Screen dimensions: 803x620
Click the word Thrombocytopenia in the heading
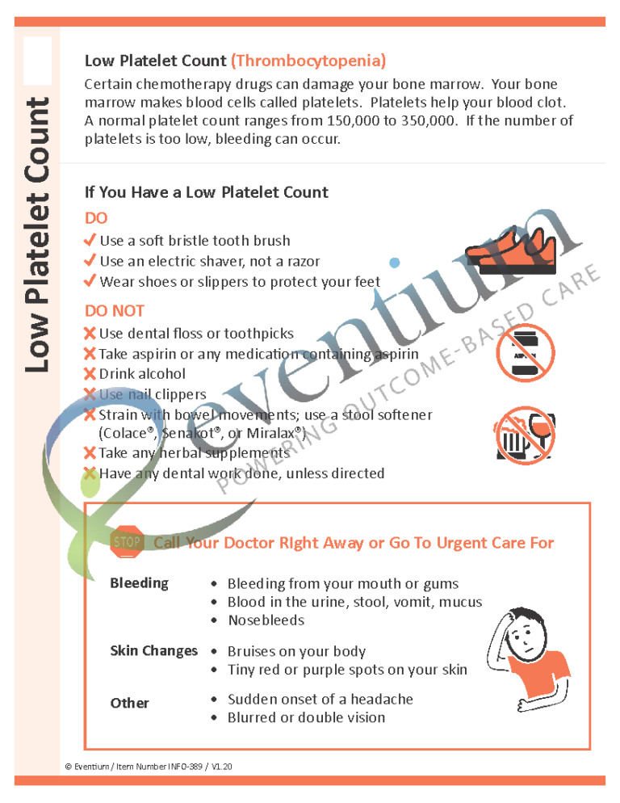pos(308,61)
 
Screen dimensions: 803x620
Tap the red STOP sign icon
pos(127,543)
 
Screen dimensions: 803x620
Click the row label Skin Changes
pos(153,651)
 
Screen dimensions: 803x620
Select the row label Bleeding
pos(139,583)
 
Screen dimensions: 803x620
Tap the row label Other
pos(129,703)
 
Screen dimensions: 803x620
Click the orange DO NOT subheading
pos(115,311)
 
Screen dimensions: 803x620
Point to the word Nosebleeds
pos(266,620)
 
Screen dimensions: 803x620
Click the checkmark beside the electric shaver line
pos(90,261)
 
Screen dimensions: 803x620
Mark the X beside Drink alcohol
pos(90,374)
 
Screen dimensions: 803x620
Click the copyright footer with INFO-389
pos(149,766)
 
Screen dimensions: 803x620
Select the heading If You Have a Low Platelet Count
pos(206,192)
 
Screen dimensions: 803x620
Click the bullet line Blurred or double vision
pos(306,717)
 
